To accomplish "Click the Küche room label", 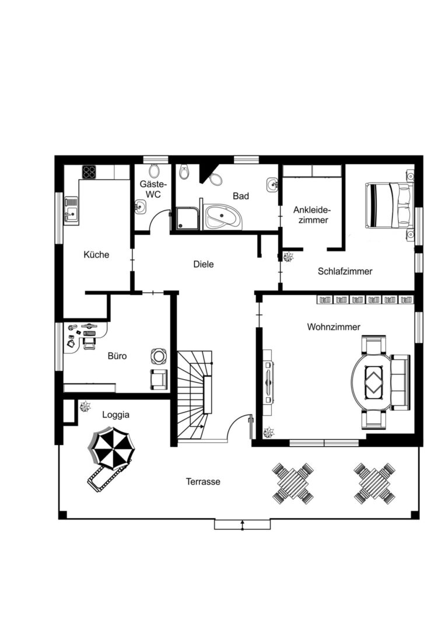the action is tap(96, 255).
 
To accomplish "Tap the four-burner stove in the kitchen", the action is tap(89, 172).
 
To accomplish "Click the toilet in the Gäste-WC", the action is tap(153, 171).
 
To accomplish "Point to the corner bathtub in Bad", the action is tap(223, 217).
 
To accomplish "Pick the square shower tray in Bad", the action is tap(187, 219).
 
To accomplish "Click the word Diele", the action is tap(204, 264).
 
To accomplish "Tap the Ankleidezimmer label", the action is tap(311, 215).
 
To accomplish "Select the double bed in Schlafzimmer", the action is tap(389, 205).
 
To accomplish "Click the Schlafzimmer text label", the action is tap(345, 271).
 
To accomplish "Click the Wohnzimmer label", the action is tap(334, 327).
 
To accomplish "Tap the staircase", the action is tap(195, 396).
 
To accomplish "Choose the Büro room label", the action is tap(117, 356).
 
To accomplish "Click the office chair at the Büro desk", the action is tap(89, 343).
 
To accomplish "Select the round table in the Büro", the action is tap(159, 356).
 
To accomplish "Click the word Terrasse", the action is tap(203, 481).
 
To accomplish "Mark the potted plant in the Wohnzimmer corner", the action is tap(268, 432).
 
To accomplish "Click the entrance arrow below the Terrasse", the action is tap(242, 525).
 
